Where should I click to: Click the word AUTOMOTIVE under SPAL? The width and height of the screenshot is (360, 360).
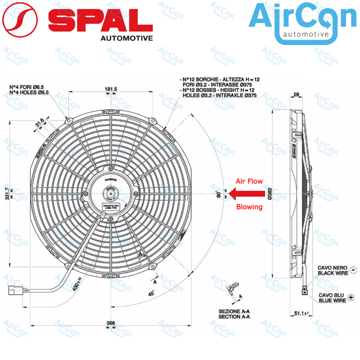tap(126, 38)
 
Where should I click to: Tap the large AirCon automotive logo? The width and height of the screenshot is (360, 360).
tap(302, 22)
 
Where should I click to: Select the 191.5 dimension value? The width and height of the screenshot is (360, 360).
tap(111, 90)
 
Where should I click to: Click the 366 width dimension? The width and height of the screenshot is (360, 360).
tap(111, 323)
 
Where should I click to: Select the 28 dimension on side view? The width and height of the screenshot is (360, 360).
tap(296, 94)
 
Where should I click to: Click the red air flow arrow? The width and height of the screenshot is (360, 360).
tap(247, 193)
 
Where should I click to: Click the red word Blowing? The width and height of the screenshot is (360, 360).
tap(249, 207)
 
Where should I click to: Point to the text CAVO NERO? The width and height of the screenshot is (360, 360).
tap(332, 267)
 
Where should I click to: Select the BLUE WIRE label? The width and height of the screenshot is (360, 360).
tap(332, 300)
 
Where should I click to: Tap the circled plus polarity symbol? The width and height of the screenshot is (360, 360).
tap(351, 297)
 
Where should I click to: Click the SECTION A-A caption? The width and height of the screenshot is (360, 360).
tap(234, 317)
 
